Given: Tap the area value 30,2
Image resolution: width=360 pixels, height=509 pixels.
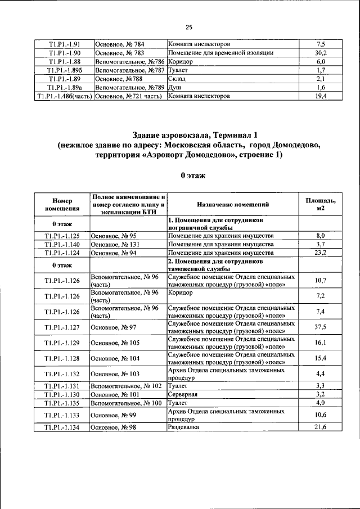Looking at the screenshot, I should [x=321, y=52].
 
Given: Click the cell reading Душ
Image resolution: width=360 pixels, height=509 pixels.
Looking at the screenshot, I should [x=173, y=88].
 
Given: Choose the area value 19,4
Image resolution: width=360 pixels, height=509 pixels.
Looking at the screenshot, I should [x=321, y=97].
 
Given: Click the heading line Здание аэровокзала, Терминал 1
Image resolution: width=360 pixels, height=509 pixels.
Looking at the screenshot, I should [x=189, y=135].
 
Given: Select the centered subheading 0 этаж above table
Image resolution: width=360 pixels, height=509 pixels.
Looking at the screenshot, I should [x=189, y=175].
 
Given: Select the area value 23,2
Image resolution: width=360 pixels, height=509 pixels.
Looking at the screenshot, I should [x=321, y=253].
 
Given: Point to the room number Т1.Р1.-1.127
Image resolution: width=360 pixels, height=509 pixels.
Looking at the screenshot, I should [x=62, y=327].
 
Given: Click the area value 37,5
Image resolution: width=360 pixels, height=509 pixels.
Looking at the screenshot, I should [x=321, y=327].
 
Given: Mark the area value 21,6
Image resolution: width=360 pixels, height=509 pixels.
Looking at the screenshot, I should [x=321, y=428].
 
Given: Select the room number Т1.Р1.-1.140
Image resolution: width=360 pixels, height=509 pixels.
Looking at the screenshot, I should [x=62, y=245].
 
